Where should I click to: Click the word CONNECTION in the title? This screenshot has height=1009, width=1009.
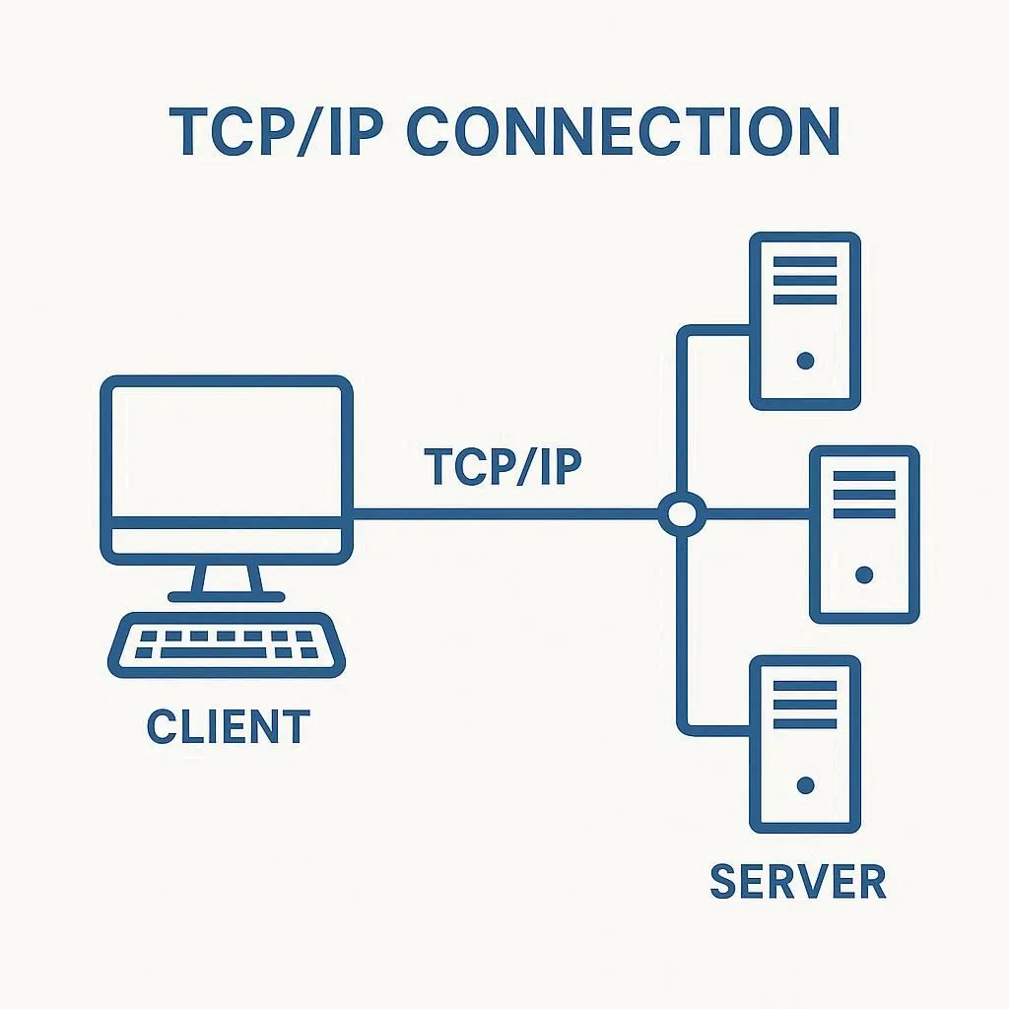point(623,131)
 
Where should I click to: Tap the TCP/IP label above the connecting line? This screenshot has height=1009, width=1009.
point(503,466)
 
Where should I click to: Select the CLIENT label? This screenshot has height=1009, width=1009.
point(228,727)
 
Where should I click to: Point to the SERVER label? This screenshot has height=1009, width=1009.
point(798,880)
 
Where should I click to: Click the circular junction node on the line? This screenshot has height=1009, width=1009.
point(682,512)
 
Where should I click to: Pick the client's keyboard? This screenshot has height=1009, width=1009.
point(227,645)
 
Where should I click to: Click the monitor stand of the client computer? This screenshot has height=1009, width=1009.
point(227,581)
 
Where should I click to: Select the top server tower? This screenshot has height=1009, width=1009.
point(805,320)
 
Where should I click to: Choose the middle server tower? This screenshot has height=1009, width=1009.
point(864,534)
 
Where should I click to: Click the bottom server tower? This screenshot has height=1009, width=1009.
point(805,744)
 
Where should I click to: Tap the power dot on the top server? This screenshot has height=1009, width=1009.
point(805,362)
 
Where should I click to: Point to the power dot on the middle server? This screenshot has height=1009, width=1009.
point(865,574)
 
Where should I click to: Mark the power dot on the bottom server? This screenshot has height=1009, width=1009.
point(805,785)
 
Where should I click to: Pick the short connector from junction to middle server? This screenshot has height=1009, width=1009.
point(757,512)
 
